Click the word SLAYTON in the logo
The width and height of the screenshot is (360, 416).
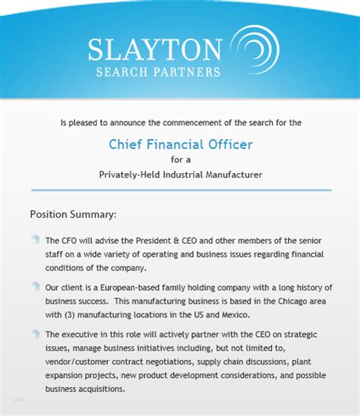pyautogui.click(x=154, y=49)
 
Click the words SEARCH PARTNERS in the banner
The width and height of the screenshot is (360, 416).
pyautogui.click(x=158, y=73)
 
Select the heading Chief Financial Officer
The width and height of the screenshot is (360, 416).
pyautogui.click(x=180, y=143)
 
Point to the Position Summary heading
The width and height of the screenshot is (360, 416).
pyautogui.click(x=73, y=214)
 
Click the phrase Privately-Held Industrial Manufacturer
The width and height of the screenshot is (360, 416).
pyautogui.click(x=180, y=174)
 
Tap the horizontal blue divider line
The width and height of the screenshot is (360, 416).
pyautogui.click(x=180, y=190)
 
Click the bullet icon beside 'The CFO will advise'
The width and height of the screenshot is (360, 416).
pyautogui.click(x=35, y=239)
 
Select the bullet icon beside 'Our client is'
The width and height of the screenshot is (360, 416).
pyautogui.click(x=35, y=287)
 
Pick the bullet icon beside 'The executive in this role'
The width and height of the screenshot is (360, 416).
pyautogui.click(x=35, y=334)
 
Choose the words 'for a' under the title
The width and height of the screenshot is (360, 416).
pyautogui.click(x=180, y=159)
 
